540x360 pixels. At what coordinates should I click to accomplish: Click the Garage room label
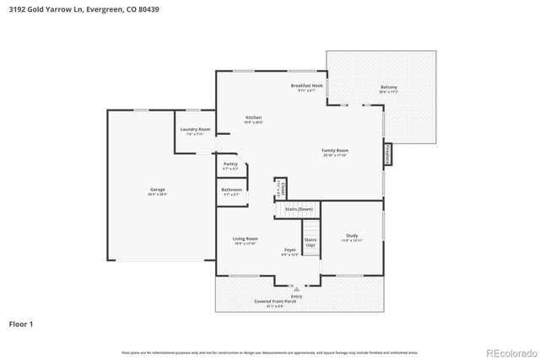(158, 191)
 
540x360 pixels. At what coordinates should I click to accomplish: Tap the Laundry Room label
(193, 131)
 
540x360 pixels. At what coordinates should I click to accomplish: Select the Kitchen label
(253, 119)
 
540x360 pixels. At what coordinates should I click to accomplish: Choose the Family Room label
(335, 153)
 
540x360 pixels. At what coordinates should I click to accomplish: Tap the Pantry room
(230, 166)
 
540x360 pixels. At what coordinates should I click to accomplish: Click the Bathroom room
(231, 191)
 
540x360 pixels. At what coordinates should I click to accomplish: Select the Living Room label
(245, 241)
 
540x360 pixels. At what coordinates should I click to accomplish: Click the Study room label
(352, 238)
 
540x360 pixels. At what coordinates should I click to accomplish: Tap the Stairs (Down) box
(299, 208)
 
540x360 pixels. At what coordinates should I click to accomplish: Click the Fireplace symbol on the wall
(387, 155)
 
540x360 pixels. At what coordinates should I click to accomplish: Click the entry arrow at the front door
(296, 288)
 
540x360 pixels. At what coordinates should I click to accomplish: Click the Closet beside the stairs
(283, 188)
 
